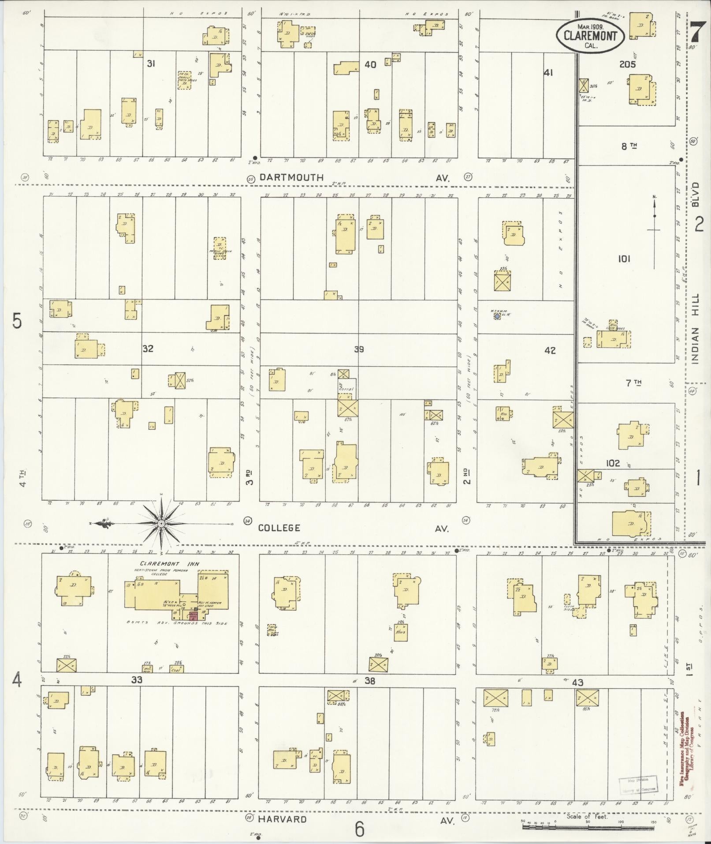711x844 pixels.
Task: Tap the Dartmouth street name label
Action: [x=291, y=177]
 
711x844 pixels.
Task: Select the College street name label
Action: [x=279, y=528]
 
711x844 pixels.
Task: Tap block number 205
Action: [x=627, y=64]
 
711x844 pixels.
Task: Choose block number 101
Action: [x=624, y=259]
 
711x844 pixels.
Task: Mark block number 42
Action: [x=550, y=351]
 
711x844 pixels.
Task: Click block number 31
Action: [x=151, y=64]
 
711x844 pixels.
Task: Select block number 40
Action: [x=370, y=65]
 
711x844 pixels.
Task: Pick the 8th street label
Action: [x=629, y=146]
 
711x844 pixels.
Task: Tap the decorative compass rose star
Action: [x=161, y=523]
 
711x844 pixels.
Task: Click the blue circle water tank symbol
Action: [x=497, y=316]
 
